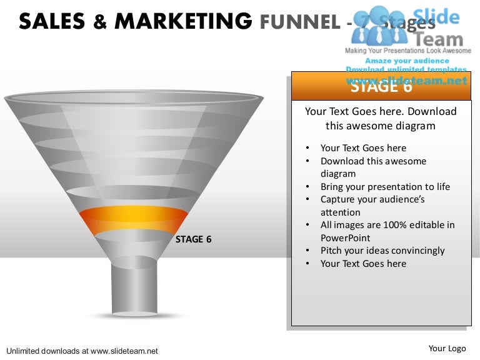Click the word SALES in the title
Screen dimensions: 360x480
pos(52,22)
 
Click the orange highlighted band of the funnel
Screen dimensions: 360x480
pos(133,219)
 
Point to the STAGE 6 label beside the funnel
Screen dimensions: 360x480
pos(197,239)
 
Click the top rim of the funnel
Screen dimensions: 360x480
pos(134,97)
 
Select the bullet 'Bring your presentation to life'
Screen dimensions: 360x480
pos(385,187)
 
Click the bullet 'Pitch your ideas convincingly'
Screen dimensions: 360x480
pos(382,251)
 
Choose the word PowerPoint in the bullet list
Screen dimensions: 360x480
pos(345,238)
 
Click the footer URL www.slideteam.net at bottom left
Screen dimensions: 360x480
pos(125,351)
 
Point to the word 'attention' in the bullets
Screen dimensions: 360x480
pos(340,212)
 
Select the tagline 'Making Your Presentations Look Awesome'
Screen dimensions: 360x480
pos(408,50)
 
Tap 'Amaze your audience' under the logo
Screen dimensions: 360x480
pos(407,61)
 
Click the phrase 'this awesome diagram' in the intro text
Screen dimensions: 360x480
pos(381,126)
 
